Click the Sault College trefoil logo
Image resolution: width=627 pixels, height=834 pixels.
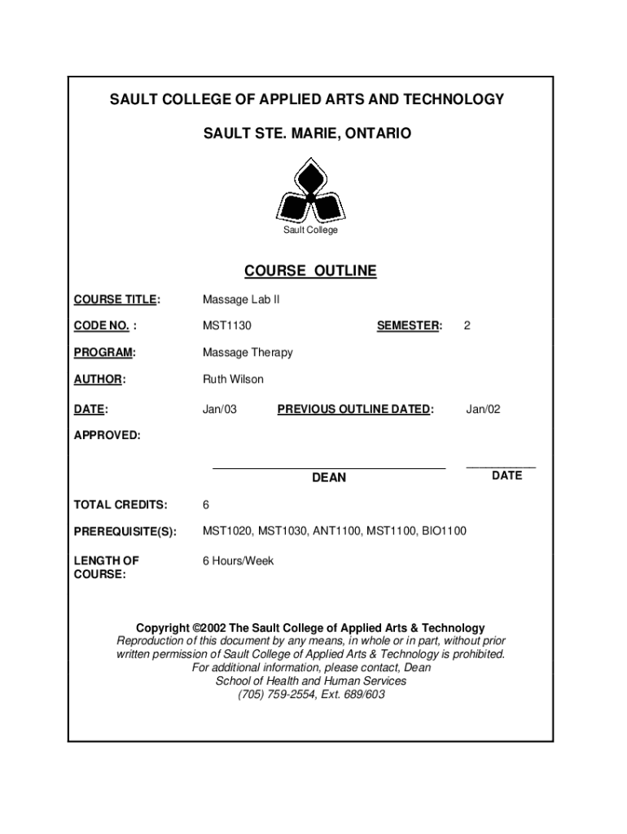310,194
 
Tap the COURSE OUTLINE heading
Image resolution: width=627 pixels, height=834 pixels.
310,271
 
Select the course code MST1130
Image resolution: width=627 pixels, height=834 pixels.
227,326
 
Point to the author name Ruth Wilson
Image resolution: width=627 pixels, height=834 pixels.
233,380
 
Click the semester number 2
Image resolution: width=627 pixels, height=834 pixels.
467,326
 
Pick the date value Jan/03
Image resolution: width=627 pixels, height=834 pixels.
220,409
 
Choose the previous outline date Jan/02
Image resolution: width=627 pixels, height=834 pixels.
483,409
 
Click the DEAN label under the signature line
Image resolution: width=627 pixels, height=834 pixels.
329,478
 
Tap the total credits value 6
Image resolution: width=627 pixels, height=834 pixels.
206,505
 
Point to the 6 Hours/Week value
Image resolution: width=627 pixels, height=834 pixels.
239,561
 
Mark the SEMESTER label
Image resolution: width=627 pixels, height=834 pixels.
409,326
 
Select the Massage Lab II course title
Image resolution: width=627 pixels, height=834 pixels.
241,300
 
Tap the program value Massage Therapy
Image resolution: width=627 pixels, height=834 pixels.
248,353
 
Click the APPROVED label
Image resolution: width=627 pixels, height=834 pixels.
107,436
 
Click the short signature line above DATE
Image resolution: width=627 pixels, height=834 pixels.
501,467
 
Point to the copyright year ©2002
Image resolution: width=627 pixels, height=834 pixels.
209,628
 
